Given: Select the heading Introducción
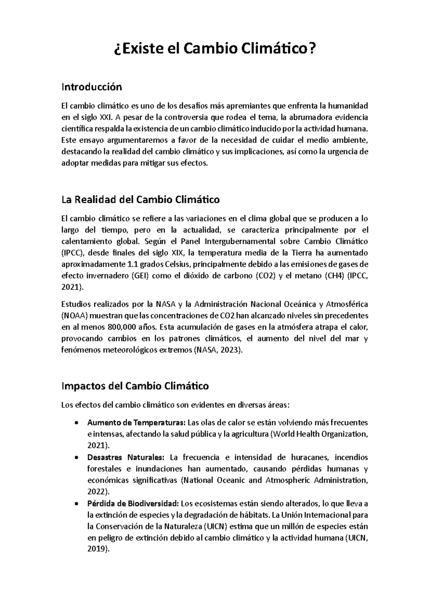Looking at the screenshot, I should click(92, 87).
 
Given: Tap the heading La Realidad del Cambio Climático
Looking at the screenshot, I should click(140, 199).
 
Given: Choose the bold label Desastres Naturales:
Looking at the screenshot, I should click(126, 457).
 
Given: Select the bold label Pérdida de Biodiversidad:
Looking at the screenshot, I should click(133, 504).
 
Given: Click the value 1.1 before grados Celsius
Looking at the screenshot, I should click(132, 264).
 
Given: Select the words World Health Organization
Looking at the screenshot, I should click(319, 434).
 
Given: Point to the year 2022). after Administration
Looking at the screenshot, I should click(99, 492).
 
